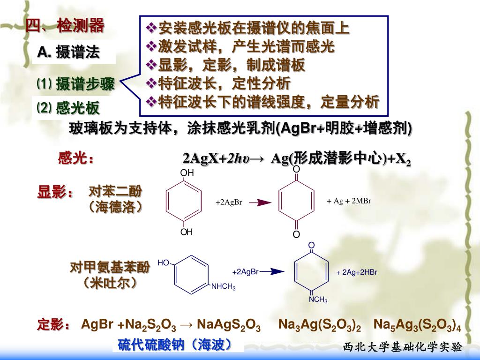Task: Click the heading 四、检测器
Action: click(x=65, y=26)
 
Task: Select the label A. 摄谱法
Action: click(x=69, y=52)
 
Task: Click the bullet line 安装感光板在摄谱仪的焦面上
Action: click(x=249, y=28)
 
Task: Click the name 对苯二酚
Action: click(x=115, y=191)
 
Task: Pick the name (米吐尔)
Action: click(x=111, y=283)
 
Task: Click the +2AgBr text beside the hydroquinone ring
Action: click(x=228, y=202)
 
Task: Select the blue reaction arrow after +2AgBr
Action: click(x=272, y=271)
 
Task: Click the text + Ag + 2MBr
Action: click(x=349, y=201)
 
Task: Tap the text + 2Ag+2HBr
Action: click(x=357, y=272)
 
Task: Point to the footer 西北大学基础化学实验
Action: click(x=403, y=347)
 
